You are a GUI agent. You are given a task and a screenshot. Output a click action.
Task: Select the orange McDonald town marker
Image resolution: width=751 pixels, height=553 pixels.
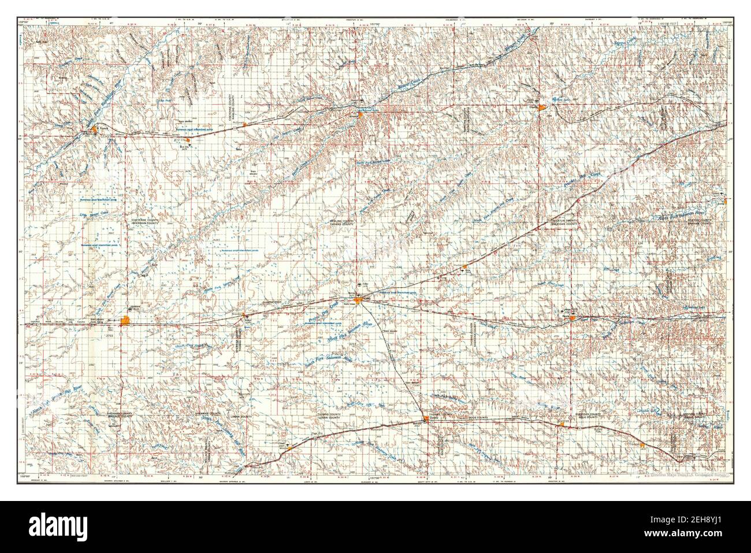246,124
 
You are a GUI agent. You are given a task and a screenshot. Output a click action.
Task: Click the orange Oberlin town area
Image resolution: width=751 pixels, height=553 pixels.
539,107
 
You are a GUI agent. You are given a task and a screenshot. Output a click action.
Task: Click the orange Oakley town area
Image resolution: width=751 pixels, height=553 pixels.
426,420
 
